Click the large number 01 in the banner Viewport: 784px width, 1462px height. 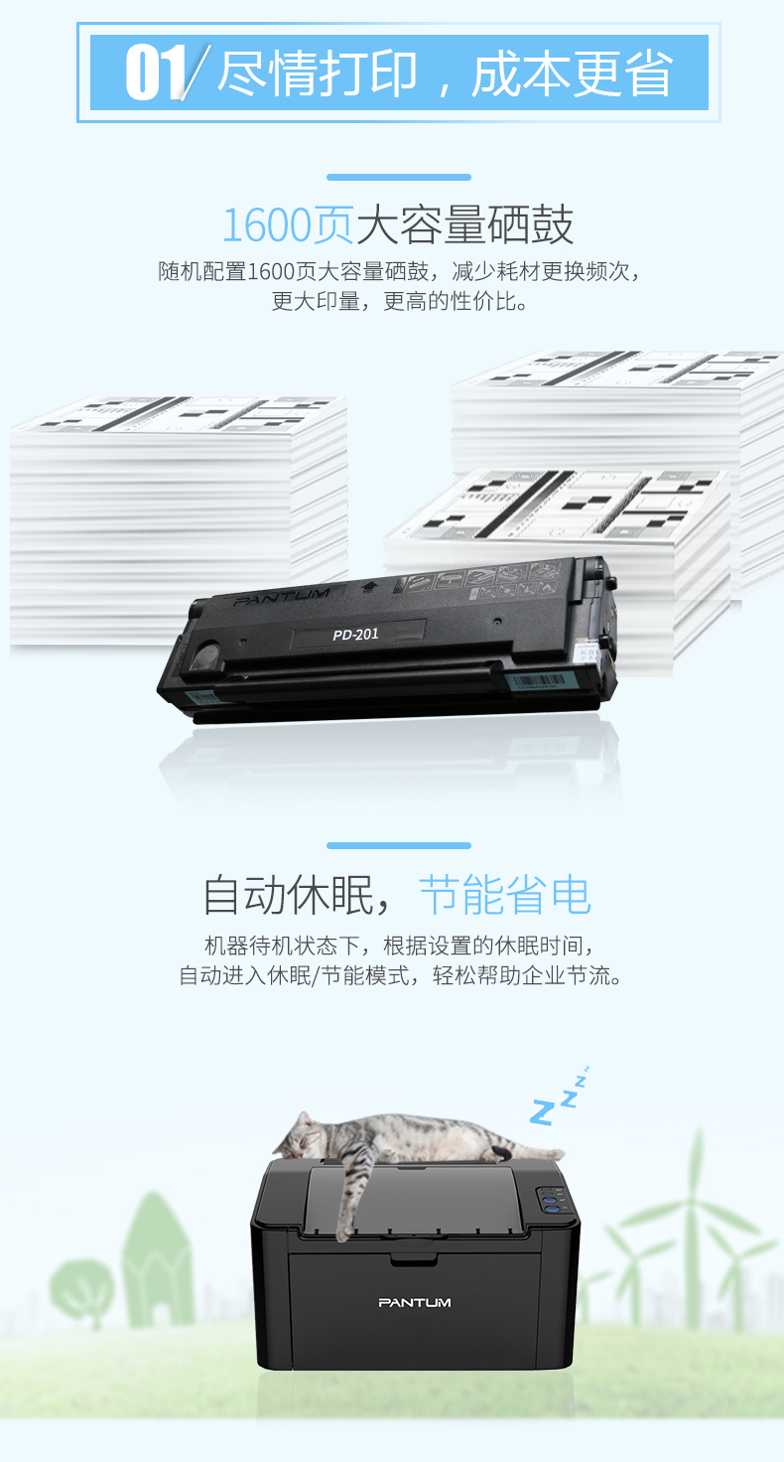(155, 73)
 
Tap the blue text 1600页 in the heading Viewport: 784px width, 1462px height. (288, 225)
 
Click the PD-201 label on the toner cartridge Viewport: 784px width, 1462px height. (355, 634)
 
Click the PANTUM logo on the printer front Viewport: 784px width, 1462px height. (415, 1302)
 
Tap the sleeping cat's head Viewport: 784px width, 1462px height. (302, 1135)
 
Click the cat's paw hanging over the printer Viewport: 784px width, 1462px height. (345, 1230)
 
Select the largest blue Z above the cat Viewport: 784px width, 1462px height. (542, 1111)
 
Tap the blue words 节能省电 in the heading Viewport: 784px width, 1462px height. (505, 895)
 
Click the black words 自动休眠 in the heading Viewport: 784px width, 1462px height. (288, 895)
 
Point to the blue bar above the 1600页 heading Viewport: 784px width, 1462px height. (399, 177)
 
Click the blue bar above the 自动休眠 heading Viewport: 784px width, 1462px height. (399, 845)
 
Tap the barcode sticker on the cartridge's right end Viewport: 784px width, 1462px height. (537, 682)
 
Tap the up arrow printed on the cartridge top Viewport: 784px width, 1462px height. (369, 587)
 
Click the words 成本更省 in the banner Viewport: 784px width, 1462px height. (572, 73)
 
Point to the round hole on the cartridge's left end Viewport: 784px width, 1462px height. (207, 654)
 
